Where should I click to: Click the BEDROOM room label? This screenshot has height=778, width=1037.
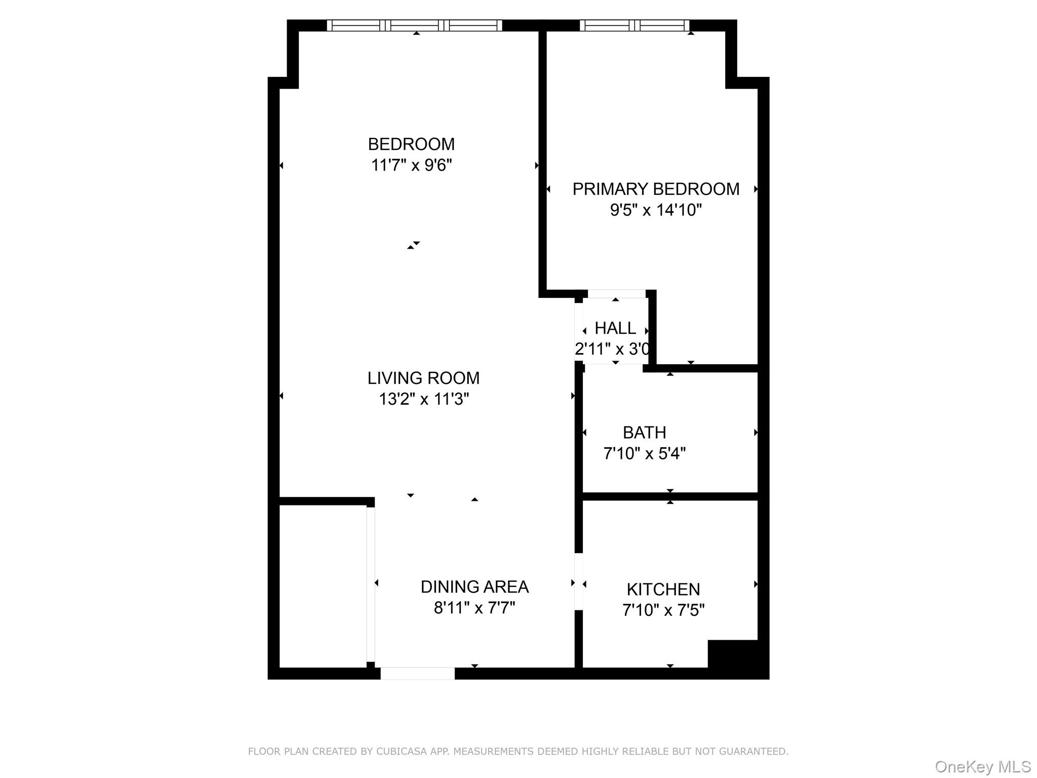[x=411, y=144]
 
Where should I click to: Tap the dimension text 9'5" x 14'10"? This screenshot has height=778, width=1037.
[x=655, y=210]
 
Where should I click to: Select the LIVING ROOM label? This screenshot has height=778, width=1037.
[x=423, y=378]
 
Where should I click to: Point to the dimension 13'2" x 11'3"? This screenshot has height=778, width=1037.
[x=423, y=399]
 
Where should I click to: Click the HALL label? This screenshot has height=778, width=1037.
[x=615, y=328]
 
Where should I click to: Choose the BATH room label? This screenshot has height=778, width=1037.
[x=644, y=433]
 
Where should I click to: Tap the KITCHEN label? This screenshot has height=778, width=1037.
[x=663, y=589]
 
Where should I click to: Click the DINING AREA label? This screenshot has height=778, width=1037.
[x=474, y=587]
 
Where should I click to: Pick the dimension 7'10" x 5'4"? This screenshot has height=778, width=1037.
[x=644, y=453]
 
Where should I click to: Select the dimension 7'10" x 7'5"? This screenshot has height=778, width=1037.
[x=663, y=610]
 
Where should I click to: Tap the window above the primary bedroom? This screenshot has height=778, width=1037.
[x=634, y=25]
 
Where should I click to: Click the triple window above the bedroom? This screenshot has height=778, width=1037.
[x=414, y=25]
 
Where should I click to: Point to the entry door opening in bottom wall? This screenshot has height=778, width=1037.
[x=417, y=673]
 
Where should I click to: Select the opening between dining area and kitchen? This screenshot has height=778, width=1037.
[x=578, y=581]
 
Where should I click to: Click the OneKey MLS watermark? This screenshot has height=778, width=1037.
[x=982, y=766]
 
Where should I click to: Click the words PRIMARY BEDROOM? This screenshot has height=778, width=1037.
[x=655, y=189]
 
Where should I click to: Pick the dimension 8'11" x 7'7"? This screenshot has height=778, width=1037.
[x=474, y=608]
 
